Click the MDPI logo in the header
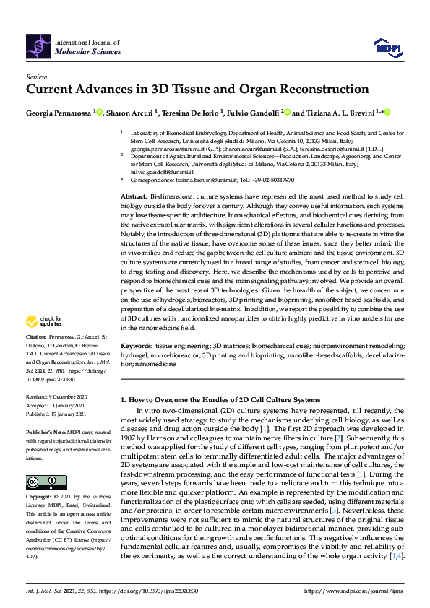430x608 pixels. [387, 47]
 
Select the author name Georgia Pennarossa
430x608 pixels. [57, 113]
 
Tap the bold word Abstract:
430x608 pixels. [134, 196]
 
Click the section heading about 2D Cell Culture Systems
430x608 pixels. [220, 399]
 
